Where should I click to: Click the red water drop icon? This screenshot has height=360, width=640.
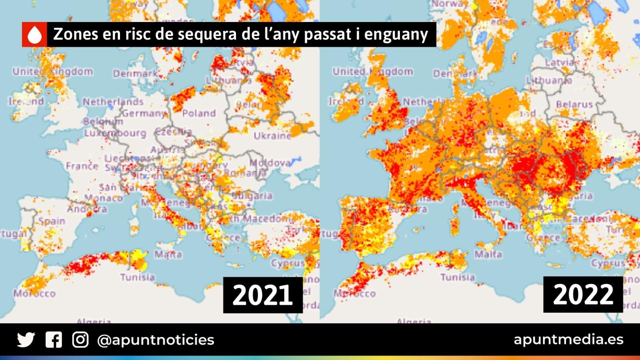(x=35, y=35)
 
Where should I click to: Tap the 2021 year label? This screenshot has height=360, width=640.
(x=262, y=295)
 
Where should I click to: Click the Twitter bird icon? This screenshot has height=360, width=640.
(x=26, y=340)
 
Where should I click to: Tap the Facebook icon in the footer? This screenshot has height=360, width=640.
(x=54, y=340)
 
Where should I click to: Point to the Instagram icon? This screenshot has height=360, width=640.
(x=80, y=340)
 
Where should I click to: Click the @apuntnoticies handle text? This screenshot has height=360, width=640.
(x=156, y=340)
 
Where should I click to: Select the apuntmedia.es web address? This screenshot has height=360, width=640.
(x=568, y=340)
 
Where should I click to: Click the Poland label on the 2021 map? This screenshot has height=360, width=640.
(x=199, y=114)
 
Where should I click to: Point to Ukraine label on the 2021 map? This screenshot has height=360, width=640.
(x=272, y=136)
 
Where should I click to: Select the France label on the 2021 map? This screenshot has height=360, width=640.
(x=82, y=166)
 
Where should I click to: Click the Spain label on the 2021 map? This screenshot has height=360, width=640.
(x=52, y=221)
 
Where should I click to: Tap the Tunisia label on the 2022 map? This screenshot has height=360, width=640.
(x=458, y=277)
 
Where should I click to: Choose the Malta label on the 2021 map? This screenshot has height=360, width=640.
(x=168, y=254)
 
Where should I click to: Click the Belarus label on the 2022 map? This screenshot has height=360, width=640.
(x=574, y=104)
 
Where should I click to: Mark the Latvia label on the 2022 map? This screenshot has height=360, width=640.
(x=559, y=63)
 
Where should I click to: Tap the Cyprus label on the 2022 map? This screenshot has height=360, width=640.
(x=608, y=264)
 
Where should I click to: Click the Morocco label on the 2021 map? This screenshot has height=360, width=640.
(x=35, y=294)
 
